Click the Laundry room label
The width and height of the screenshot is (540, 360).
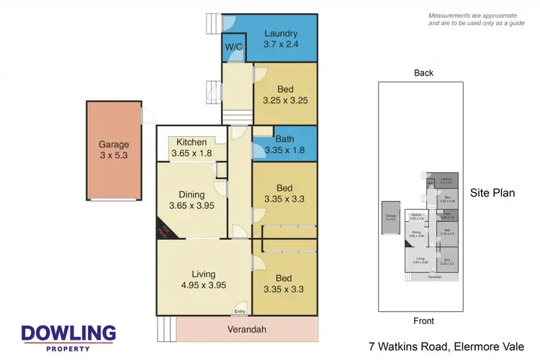[x=281, y=34]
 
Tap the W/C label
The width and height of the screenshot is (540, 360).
[x=234, y=48]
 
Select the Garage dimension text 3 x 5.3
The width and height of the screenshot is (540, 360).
[x=114, y=156]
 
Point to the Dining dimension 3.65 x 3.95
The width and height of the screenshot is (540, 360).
[x=192, y=206]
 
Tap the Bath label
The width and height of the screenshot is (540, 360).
[x=284, y=139]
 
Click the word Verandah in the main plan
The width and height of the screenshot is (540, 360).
[x=247, y=330]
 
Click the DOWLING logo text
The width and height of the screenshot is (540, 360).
[x=68, y=333]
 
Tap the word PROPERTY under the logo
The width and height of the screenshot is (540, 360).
[x=68, y=348]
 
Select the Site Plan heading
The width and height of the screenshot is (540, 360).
[x=492, y=193]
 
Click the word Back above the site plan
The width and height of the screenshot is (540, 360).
[x=424, y=73]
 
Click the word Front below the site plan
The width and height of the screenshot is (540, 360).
[x=424, y=321]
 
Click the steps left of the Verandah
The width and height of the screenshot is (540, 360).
[x=166, y=330]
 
